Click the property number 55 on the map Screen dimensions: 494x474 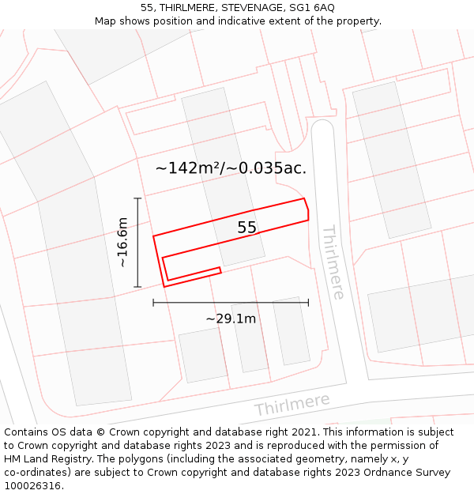point(246,228)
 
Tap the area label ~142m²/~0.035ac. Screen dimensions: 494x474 point(231,168)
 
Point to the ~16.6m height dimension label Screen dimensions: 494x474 point(122,242)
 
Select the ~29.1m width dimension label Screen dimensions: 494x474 point(231,319)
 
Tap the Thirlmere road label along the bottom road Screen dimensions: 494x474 point(292,405)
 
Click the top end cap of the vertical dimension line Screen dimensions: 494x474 point(137,198)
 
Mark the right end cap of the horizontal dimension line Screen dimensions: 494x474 point(308,302)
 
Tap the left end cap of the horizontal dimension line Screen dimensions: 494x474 point(153,302)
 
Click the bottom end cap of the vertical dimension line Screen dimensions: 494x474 point(137,286)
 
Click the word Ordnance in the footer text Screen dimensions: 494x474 point(379,473)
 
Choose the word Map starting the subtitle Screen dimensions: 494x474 point(106,21)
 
